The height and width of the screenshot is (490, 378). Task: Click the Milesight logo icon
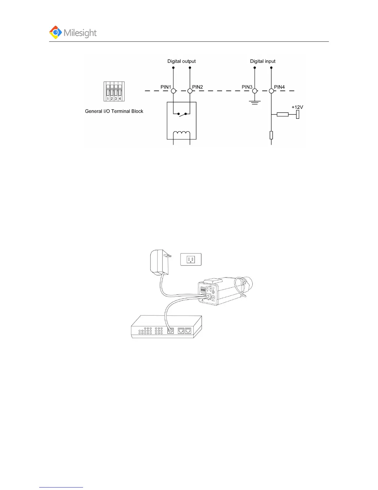[x=56, y=32]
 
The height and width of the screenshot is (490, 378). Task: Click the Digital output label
[x=181, y=61]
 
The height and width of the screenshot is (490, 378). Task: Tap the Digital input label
[x=262, y=61]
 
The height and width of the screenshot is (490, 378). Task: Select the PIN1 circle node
[x=174, y=91]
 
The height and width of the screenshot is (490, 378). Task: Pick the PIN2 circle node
[x=190, y=91]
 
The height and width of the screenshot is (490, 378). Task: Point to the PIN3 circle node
[x=255, y=91]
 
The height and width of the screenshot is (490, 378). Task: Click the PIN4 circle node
[x=271, y=91]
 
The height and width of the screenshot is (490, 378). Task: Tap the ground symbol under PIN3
[x=255, y=102]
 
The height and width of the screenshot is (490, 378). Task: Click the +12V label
[x=297, y=107]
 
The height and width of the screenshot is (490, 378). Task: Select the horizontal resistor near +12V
[x=283, y=114]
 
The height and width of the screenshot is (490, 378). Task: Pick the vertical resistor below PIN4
[x=271, y=135]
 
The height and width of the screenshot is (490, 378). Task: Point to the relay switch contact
[x=182, y=114]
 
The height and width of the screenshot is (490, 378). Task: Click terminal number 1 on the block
[x=108, y=98]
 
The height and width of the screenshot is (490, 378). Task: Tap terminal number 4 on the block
[x=120, y=98]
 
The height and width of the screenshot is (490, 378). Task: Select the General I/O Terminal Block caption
[x=114, y=111]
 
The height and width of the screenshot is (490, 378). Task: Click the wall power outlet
[x=191, y=259]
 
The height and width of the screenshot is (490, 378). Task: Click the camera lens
[x=247, y=283]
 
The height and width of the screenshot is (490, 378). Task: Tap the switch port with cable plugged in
[x=170, y=330]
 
